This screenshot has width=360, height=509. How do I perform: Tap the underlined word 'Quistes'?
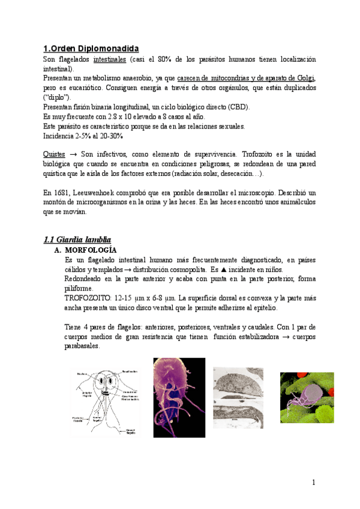coord(55,154)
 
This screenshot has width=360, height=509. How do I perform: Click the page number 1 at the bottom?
coord(313,482)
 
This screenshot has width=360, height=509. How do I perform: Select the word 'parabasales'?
coord(83,346)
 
